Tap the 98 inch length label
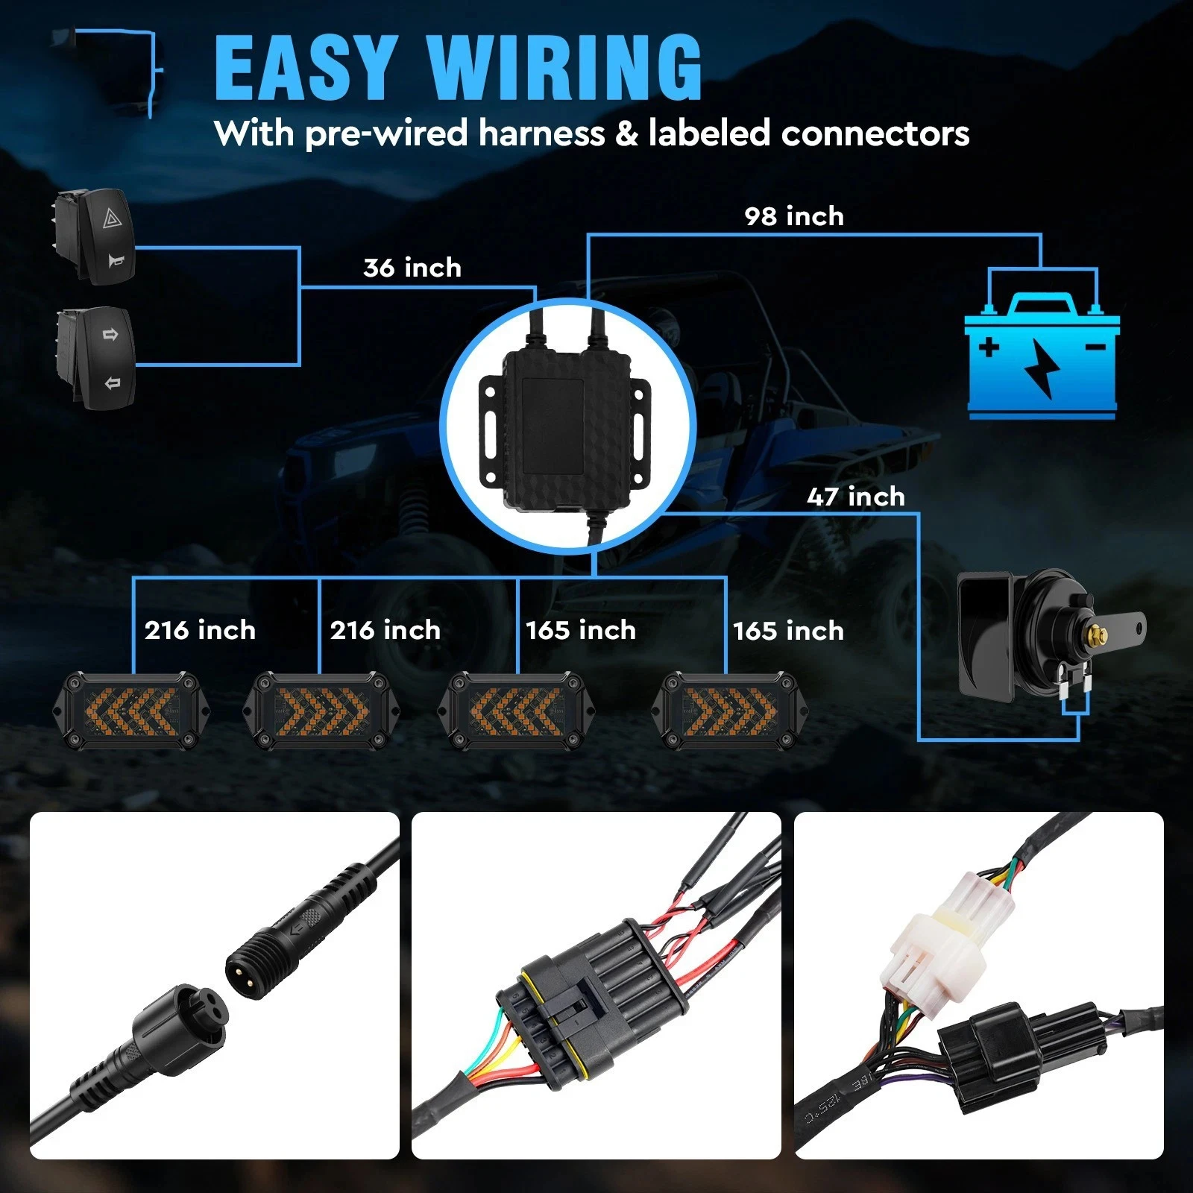(x=794, y=216)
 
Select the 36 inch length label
(x=412, y=268)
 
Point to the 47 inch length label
(x=855, y=497)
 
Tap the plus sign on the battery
(x=989, y=347)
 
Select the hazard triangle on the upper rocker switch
(x=110, y=219)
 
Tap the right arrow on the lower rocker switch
(x=110, y=335)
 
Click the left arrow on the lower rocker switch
(x=113, y=383)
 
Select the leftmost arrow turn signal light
(x=131, y=711)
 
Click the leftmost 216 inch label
(x=200, y=631)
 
